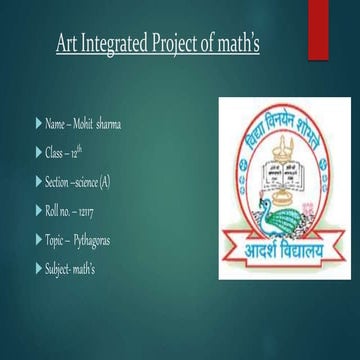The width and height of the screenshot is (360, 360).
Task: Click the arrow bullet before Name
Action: pos(37,125)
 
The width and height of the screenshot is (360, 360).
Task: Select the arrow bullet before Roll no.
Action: pos(37,211)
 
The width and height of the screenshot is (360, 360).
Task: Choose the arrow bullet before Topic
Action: pos(37,240)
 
